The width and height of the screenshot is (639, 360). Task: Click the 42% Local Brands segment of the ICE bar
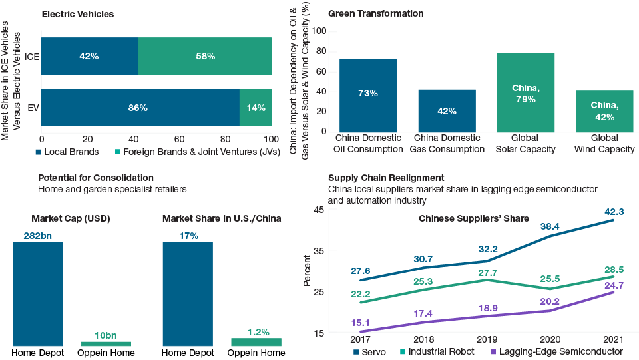click(90, 57)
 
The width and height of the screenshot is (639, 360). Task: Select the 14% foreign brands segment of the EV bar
click(256, 107)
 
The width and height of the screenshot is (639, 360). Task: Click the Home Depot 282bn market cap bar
click(38, 293)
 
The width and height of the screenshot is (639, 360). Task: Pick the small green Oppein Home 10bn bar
click(106, 343)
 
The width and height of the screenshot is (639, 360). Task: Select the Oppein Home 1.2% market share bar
click(256, 341)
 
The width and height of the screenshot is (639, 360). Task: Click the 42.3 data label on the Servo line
click(613, 212)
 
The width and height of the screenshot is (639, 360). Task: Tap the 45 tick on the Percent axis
click(318, 210)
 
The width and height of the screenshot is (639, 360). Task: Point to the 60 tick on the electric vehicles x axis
click(179, 138)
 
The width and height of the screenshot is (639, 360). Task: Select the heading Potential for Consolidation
click(96, 178)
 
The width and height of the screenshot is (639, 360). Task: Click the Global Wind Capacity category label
click(604, 144)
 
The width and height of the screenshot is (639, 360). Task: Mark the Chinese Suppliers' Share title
click(473, 218)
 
